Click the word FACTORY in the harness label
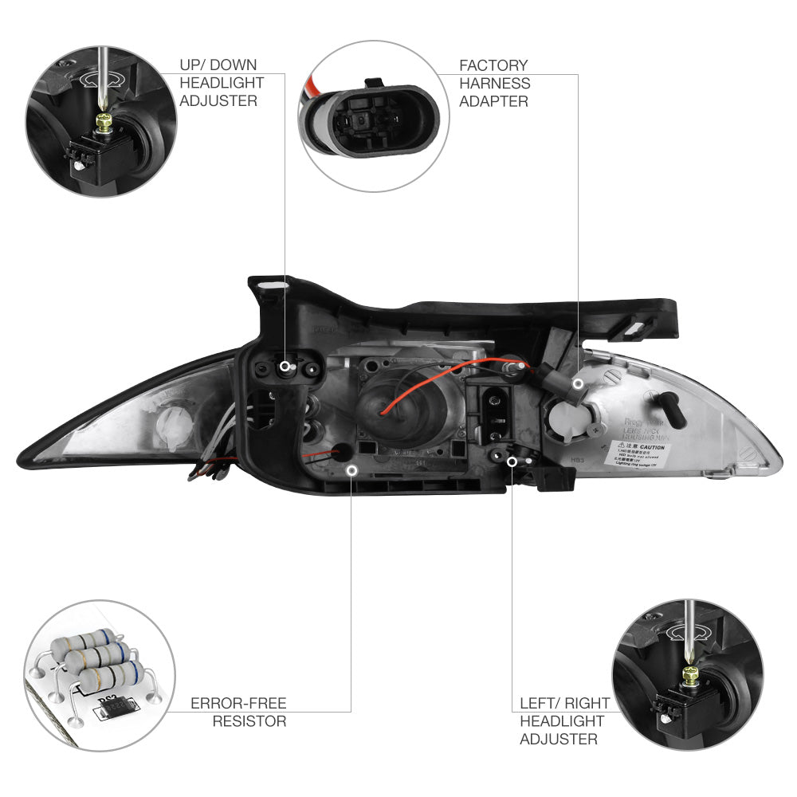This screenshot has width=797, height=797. pyautogui.click(x=493, y=65)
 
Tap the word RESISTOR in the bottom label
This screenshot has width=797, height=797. pyautogui.click(x=249, y=721)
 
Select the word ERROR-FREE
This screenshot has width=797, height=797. pyautogui.click(x=238, y=703)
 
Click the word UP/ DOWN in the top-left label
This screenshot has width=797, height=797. pyautogui.click(x=218, y=65)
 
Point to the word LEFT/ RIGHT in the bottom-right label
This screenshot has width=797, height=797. pyautogui.click(x=564, y=704)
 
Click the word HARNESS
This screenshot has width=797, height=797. pyautogui.click(x=494, y=83)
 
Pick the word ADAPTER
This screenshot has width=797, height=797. pyautogui.click(x=493, y=101)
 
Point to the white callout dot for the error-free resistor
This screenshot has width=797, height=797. pyautogui.click(x=351, y=470)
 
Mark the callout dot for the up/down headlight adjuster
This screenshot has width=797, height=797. pyautogui.click(x=285, y=366)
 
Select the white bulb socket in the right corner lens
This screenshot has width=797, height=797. pyautogui.click(x=567, y=415)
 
